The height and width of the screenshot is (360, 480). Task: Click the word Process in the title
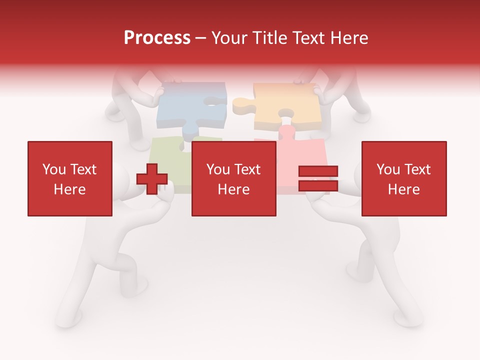(157, 38)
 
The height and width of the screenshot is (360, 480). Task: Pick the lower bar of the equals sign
(318, 186)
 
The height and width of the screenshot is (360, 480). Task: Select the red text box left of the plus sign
(70, 178)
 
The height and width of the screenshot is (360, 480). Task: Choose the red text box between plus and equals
(234, 178)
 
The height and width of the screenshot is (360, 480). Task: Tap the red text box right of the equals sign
(404, 178)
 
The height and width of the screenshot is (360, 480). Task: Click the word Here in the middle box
(234, 189)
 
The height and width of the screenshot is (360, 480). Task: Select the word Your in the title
(229, 38)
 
